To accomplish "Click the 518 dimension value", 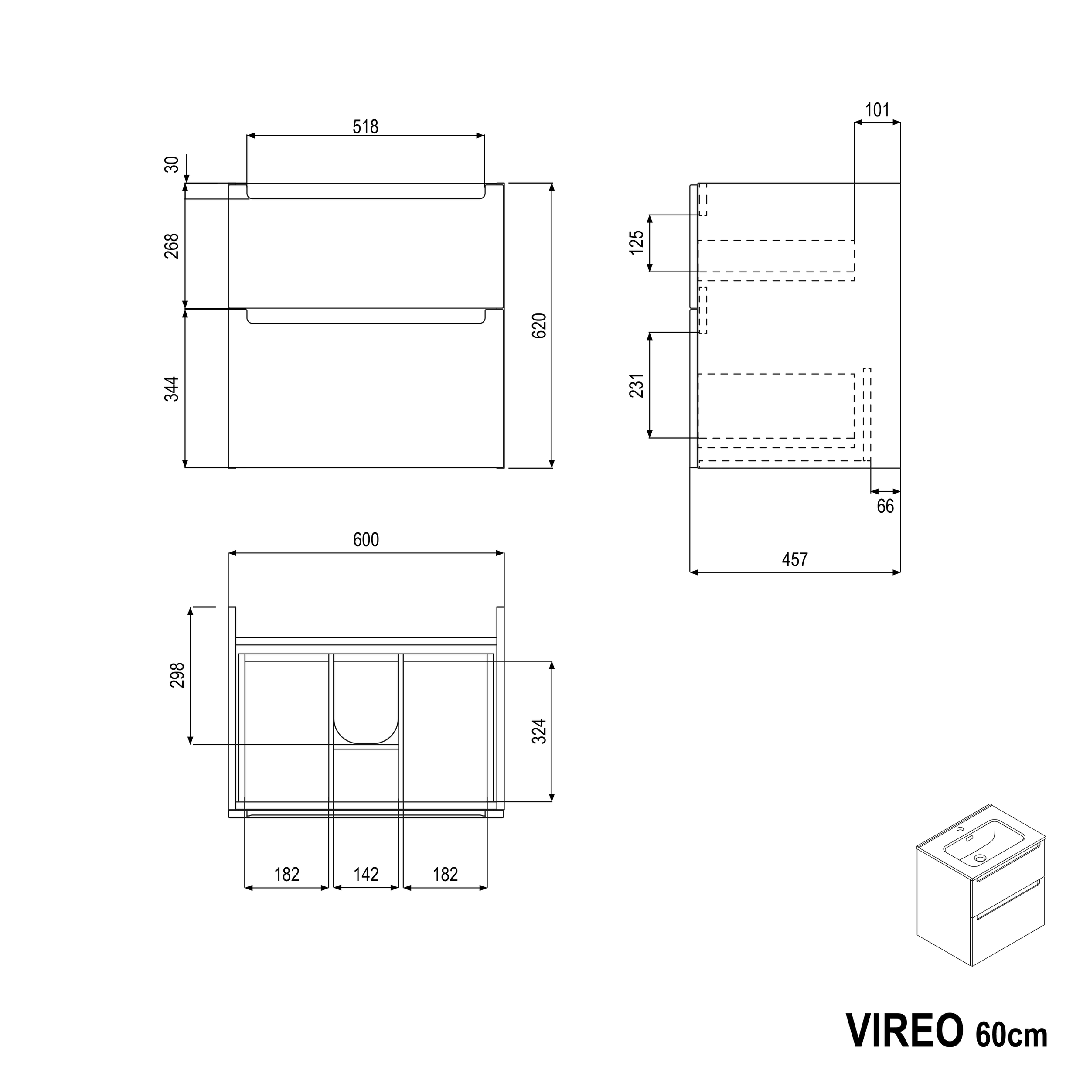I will click(x=366, y=127).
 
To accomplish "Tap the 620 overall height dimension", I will click(x=540, y=326).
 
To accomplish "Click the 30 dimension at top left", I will click(x=173, y=164).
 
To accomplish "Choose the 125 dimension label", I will click(x=637, y=242).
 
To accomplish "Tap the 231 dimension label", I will click(x=637, y=386).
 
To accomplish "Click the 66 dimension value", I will click(x=885, y=507).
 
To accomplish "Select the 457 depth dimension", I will click(x=795, y=560).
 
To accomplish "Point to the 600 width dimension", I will click(x=366, y=540).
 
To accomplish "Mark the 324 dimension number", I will click(x=540, y=731).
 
